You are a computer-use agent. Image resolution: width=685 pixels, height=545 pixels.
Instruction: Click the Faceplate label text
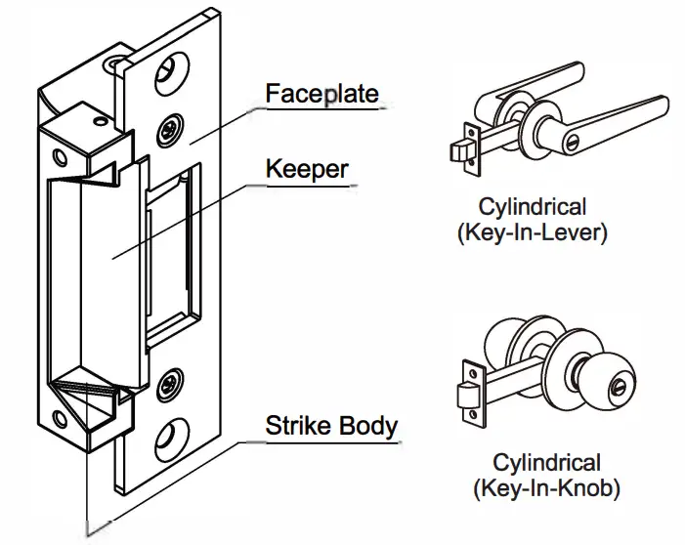(x=322, y=95)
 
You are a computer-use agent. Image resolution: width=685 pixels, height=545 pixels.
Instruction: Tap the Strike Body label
(x=331, y=426)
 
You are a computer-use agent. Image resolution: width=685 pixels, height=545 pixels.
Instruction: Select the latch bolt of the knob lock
(x=466, y=396)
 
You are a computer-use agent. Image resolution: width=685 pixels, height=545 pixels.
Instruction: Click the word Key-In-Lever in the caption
(x=546, y=235)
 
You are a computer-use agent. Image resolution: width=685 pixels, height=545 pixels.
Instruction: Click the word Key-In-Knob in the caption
(x=546, y=485)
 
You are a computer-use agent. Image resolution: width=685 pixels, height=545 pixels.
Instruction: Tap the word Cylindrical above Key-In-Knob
(x=546, y=461)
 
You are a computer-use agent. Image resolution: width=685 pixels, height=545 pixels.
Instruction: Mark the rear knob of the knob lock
(x=507, y=348)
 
